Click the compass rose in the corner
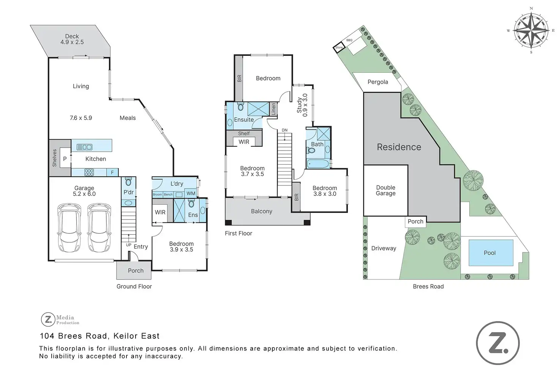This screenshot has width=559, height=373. click(x=531, y=30)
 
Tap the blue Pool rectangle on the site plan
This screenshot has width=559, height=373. click(x=491, y=253)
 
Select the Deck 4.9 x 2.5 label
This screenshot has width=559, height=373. click(x=72, y=39)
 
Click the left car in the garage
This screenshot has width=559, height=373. click(x=69, y=228)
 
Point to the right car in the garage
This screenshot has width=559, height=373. click(x=99, y=228)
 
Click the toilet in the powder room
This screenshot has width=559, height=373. click(x=128, y=182)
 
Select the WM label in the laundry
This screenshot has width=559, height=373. click(x=191, y=194)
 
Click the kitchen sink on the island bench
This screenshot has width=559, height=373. click(x=84, y=147)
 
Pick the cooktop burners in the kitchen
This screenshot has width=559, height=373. click(x=89, y=172)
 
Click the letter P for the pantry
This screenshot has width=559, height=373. click(x=65, y=159)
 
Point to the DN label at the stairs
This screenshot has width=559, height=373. click(x=285, y=130)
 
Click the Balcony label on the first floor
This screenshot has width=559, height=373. click(x=262, y=211)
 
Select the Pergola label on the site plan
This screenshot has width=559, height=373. click(x=378, y=82)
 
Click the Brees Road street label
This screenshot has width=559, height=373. click(x=428, y=287)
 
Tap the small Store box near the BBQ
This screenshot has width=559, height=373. click(x=339, y=48)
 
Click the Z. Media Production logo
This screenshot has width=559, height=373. click(x=60, y=319)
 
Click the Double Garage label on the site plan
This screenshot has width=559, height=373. click(x=385, y=190)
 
